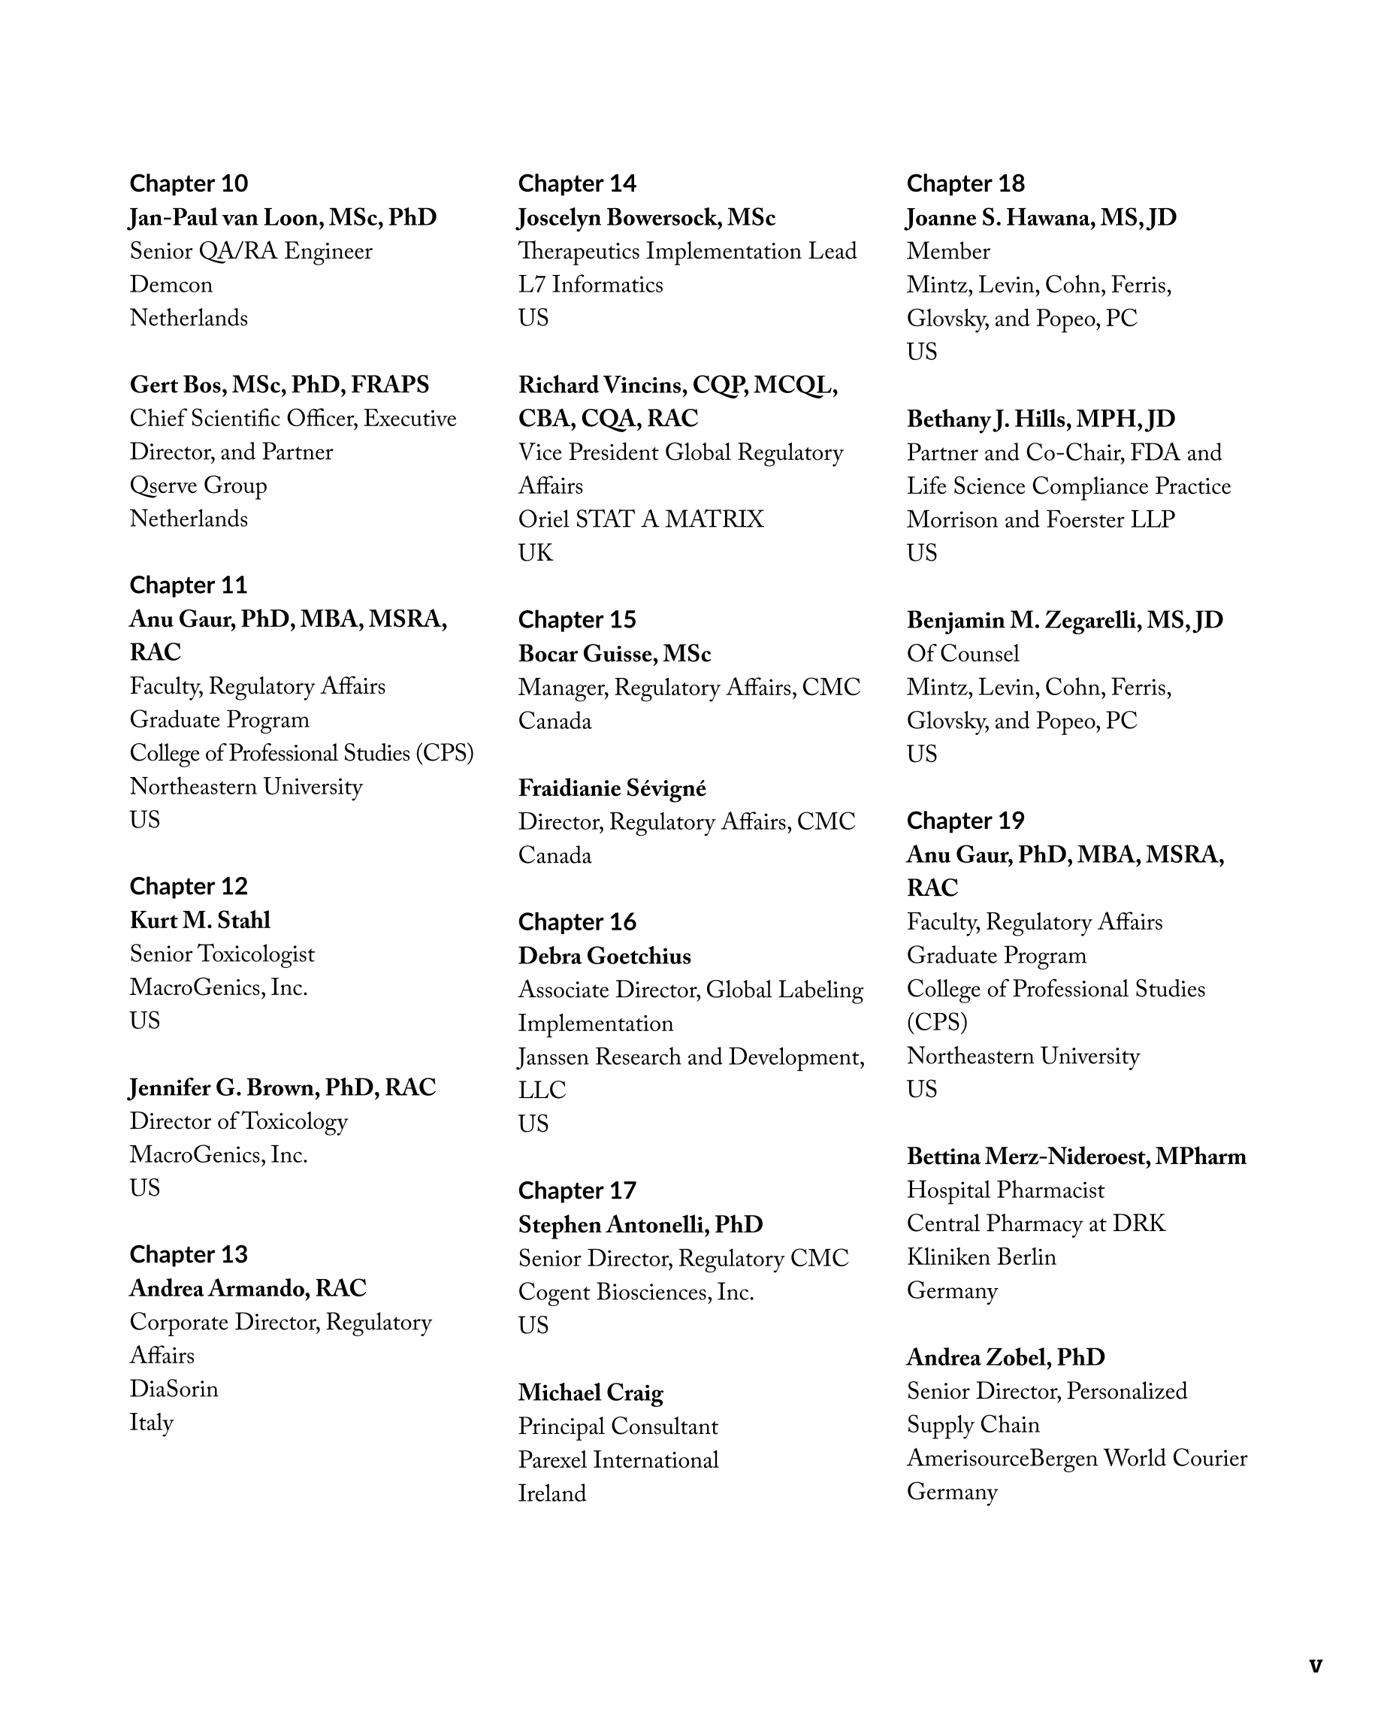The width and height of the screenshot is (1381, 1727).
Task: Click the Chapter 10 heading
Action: point(189,183)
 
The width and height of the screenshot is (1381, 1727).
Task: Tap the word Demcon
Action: point(171,285)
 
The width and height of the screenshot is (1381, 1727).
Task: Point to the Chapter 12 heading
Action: point(189,886)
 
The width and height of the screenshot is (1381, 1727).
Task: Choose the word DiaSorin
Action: point(174,1388)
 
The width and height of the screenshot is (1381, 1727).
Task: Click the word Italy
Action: point(151,1422)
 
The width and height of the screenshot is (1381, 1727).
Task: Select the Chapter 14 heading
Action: point(577,183)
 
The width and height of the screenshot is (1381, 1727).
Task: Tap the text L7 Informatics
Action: point(591,285)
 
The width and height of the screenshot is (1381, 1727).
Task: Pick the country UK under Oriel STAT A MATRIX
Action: point(535,552)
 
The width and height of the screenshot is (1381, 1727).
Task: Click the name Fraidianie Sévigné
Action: point(612,788)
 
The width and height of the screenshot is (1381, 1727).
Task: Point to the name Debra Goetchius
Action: point(604,956)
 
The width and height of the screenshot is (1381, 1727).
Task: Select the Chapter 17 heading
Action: point(577,1190)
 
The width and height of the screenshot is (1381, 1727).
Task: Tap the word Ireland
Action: point(552,1493)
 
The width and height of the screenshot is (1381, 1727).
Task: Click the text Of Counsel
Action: point(962,654)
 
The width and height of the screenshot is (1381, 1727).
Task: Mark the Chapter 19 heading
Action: point(965,820)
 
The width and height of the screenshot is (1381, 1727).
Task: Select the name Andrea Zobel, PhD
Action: point(1005,1357)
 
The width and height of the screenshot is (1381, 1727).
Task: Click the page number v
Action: point(1316,1665)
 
